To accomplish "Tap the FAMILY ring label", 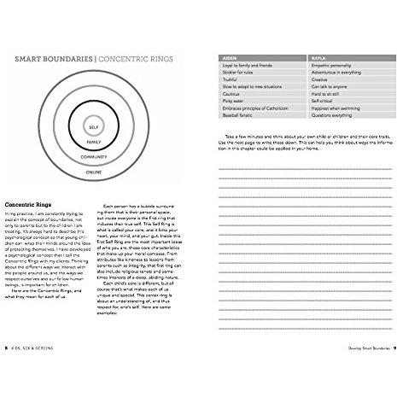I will coord(93,141).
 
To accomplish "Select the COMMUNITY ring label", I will coord(93,157).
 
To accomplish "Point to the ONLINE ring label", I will coord(93,172).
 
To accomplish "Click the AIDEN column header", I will coord(228,59).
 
